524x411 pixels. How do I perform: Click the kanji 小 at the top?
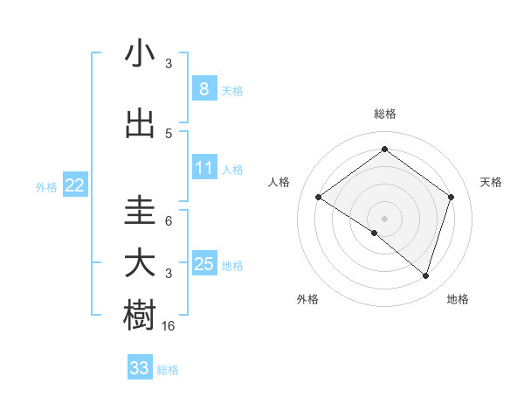point(140,54)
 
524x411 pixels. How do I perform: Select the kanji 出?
point(140,124)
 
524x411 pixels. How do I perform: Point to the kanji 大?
point(140,264)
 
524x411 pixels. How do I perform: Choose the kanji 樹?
point(140,315)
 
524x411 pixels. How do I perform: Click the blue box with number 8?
point(203,89)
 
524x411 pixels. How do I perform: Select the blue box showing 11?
point(203,168)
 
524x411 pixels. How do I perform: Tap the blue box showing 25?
point(203,264)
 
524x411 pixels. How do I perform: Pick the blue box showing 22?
point(74,185)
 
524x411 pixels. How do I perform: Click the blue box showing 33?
point(139,368)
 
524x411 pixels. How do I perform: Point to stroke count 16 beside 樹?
point(169,326)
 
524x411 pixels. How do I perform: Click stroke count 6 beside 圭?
point(168,221)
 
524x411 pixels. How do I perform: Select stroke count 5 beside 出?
point(169,133)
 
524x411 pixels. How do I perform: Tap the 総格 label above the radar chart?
point(384,114)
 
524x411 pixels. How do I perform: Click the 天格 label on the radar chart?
point(491,182)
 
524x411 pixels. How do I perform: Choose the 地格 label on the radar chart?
point(458,300)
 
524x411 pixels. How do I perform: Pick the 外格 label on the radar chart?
point(307,300)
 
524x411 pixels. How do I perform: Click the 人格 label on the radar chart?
point(279,182)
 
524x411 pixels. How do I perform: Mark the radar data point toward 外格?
point(375,233)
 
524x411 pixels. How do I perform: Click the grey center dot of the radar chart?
point(384,218)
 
